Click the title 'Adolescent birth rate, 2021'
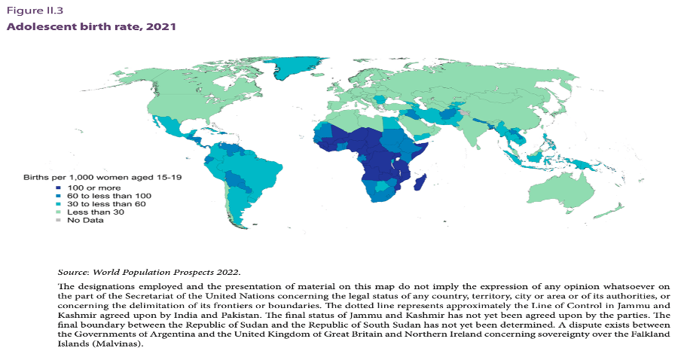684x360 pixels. (92, 26)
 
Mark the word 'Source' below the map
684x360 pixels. (75, 271)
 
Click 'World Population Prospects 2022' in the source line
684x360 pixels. (162, 271)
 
